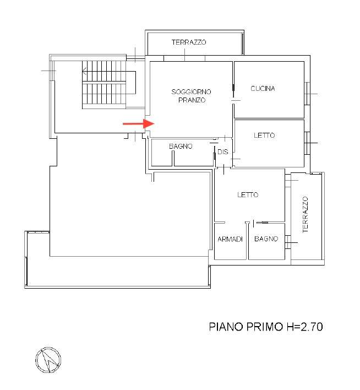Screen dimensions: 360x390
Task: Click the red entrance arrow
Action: (139, 123)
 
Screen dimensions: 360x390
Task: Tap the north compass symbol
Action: (48, 360)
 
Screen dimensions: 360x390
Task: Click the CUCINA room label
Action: (263, 89)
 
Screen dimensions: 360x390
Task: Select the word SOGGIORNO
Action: (191, 92)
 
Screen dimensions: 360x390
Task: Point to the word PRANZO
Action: (192, 100)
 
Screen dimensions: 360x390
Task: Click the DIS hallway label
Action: (222, 151)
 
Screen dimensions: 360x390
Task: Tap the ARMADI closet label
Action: (230, 239)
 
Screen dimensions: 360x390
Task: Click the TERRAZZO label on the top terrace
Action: (189, 42)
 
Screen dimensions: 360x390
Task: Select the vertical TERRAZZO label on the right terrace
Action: (306, 215)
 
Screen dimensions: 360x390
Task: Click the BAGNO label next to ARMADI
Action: (266, 239)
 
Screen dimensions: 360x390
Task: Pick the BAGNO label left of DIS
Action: (181, 147)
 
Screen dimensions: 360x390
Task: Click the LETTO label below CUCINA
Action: (264, 136)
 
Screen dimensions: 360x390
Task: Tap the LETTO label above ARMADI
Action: (248, 194)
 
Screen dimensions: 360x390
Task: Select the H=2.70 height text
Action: (304, 327)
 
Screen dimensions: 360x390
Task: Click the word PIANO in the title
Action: (226, 327)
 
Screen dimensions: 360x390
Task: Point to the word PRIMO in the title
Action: (265, 327)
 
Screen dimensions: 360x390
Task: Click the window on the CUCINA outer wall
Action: (307, 94)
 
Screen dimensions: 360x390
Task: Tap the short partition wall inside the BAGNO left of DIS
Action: (173, 158)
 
